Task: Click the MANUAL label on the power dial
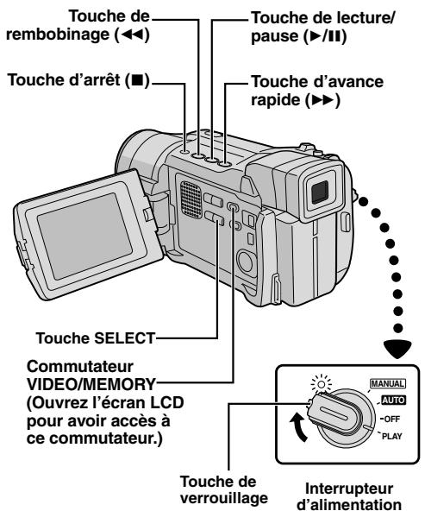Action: point(388,383)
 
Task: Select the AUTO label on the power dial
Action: point(393,400)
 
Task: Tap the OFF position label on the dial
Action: point(391,419)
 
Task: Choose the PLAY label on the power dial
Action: point(391,436)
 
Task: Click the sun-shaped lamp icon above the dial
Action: point(322,384)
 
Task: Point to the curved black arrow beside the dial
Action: point(299,427)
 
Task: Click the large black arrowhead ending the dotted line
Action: point(397,349)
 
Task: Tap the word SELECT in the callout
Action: point(124,338)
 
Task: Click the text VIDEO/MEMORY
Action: point(91,385)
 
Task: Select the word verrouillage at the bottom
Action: point(224,498)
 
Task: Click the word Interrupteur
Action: point(349,489)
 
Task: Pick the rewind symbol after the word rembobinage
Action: point(133,35)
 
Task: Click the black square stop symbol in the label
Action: point(137,79)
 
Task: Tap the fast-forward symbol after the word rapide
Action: point(322,100)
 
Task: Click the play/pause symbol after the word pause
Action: point(326,36)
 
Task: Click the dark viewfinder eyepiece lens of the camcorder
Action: point(320,192)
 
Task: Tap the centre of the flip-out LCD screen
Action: point(84,236)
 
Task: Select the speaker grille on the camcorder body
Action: point(191,199)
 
